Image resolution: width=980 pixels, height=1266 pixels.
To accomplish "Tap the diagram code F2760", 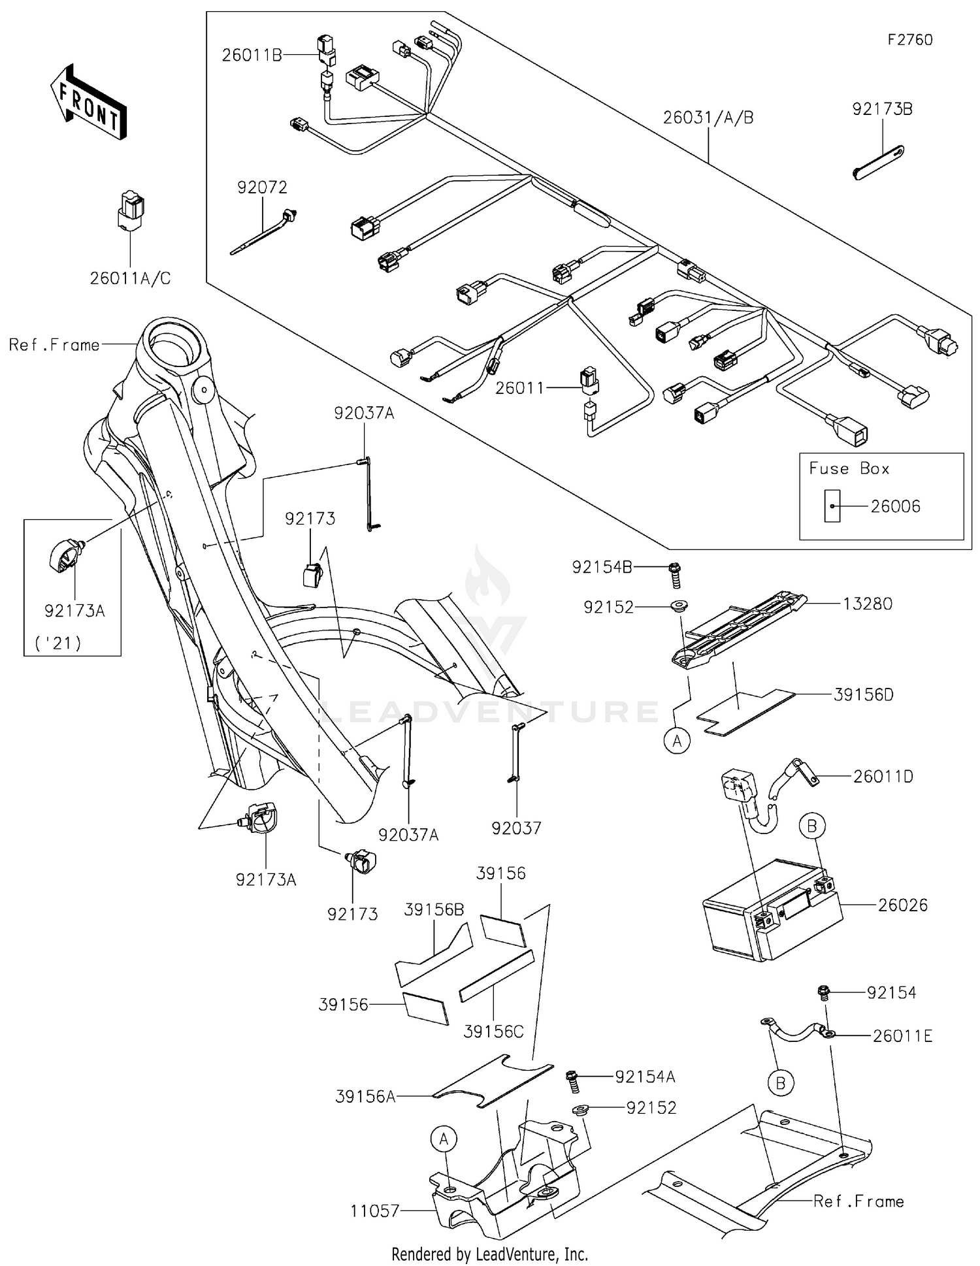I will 909,40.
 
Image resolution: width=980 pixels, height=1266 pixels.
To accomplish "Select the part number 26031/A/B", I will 708,118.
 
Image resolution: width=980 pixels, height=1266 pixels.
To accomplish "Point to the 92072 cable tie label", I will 262,187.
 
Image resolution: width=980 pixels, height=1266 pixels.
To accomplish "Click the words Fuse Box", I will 849,468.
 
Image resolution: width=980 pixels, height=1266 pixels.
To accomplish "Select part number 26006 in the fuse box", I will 895,506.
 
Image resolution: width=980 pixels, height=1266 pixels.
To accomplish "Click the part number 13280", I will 867,604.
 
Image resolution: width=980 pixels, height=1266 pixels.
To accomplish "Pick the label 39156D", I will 863,694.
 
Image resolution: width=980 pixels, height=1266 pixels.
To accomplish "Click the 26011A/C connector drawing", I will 131,210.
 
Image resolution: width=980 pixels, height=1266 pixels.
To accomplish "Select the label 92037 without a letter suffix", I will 516,828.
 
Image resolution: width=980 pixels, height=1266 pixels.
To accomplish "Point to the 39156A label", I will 365,1096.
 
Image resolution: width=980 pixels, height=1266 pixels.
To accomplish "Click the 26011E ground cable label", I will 902,1035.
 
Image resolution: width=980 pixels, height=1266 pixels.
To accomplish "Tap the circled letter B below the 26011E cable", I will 780,1084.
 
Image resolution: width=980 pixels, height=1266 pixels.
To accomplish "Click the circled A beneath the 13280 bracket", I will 677,741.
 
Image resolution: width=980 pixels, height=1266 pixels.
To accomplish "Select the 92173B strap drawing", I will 879,161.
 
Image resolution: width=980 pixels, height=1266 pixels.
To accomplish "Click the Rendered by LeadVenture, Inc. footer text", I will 489,1254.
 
